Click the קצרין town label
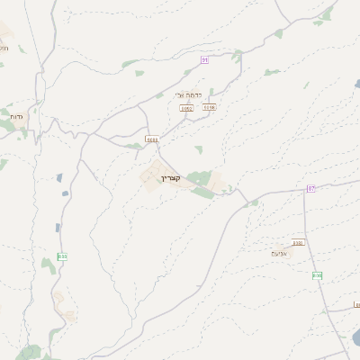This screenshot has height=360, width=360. pyautogui.click(x=170, y=178)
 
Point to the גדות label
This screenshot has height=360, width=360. pyautogui.click(x=16, y=117)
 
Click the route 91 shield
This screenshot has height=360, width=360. pyautogui.click(x=204, y=59)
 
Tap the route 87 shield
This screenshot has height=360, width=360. pyautogui.click(x=311, y=188)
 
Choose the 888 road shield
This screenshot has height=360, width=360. pyautogui.click(x=62, y=256)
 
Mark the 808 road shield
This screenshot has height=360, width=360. pyautogui.click(x=317, y=274)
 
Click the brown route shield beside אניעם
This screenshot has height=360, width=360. pyautogui.click(x=298, y=242)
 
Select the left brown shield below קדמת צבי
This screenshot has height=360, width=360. pyautogui.click(x=186, y=108)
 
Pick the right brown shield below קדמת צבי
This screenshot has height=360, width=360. pyautogui.click(x=209, y=107)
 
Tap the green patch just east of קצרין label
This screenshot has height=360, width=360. pyautogui.click(x=199, y=178)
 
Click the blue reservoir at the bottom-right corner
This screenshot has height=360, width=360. pyautogui.click(x=355, y=338)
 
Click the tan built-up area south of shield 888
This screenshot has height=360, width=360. pyautogui.click(x=63, y=304)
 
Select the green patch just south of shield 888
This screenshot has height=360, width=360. pyautogui.click(x=49, y=265)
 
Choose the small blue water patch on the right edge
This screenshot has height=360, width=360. pyautogui.click(x=357, y=84)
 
